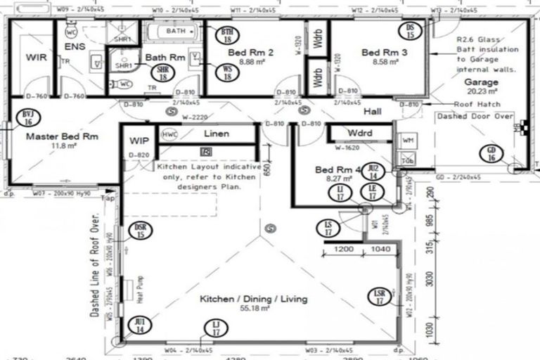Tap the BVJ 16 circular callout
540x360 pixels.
tap(27, 117)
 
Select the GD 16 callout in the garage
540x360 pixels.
tap(491, 155)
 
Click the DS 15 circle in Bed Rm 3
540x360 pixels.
tap(412, 30)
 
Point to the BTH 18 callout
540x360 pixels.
tap(227, 36)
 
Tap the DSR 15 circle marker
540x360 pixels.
tap(141, 231)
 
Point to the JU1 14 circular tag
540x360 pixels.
tap(141, 324)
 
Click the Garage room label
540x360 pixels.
tap(481, 82)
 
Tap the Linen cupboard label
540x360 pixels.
tap(217, 134)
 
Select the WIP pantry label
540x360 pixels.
tap(136, 141)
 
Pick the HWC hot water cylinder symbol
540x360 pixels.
tap(169, 134)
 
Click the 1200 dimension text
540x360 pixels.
tap(344, 250)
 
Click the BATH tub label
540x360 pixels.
tap(176, 32)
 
